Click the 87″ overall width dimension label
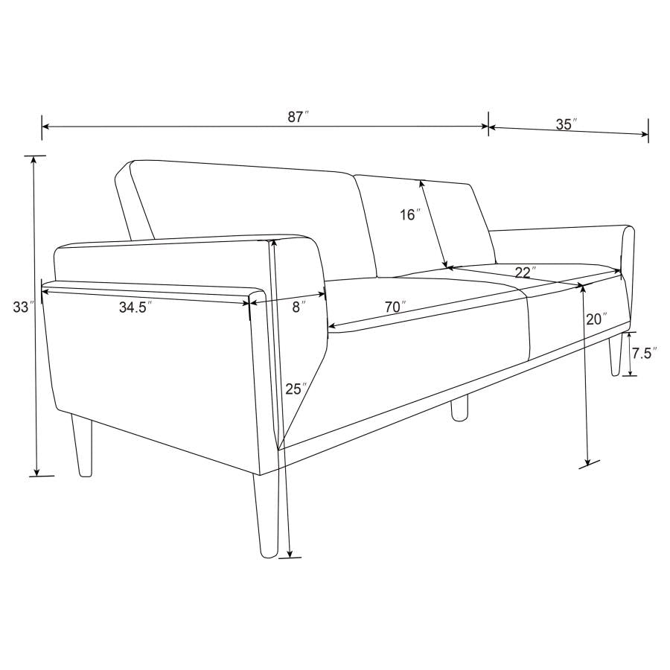(298, 116)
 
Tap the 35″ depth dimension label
(567, 124)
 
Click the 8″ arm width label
(298, 307)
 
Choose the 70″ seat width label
(395, 306)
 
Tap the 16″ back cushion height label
(409, 215)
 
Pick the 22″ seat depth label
(526, 272)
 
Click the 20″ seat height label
(596, 319)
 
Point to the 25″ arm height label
(296, 388)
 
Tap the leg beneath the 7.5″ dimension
(616, 356)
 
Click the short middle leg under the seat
(459, 409)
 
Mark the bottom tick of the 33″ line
(37, 474)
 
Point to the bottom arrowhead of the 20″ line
(589, 462)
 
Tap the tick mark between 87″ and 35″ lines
(488, 127)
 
